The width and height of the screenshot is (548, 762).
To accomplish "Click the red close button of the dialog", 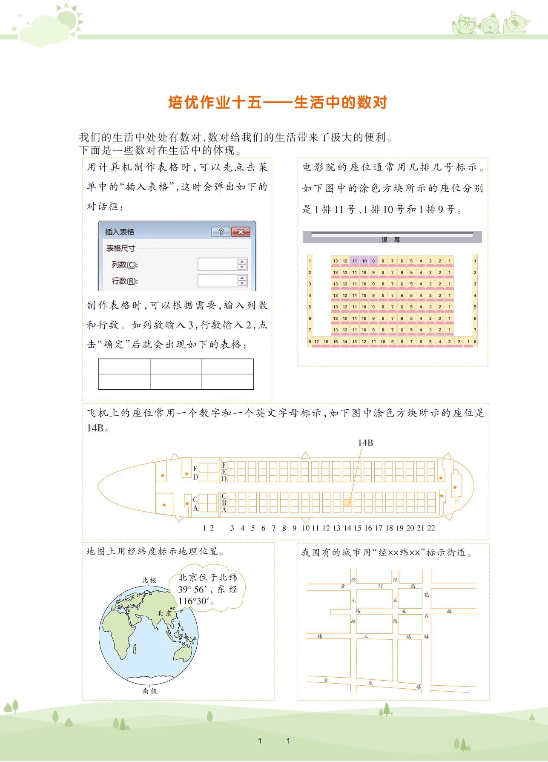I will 241,232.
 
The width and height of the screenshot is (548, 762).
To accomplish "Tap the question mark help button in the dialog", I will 221,232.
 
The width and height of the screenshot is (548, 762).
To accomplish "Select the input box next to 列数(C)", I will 218,265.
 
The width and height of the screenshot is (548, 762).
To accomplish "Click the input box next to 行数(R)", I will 218,281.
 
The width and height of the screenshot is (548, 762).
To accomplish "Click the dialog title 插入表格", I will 120,232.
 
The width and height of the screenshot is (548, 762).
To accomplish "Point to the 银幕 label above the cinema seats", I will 391,240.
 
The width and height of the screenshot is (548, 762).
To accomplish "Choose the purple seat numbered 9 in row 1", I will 373,261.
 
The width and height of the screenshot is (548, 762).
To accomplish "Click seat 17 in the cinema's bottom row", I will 316,342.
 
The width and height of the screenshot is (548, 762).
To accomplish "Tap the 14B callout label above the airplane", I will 365,443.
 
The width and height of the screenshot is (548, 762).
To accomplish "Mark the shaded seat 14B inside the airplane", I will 347,502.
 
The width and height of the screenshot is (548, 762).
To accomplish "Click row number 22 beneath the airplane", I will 431,528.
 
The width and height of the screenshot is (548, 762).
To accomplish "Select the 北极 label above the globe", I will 149,580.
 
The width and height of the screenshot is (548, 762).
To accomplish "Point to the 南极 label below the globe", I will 149,691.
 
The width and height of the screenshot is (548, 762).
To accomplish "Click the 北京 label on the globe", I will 164,613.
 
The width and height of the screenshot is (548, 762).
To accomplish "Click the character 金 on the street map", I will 326,680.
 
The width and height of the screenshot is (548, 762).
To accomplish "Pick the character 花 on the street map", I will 427,595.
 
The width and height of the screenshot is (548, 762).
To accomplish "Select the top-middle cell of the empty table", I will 176,366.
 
